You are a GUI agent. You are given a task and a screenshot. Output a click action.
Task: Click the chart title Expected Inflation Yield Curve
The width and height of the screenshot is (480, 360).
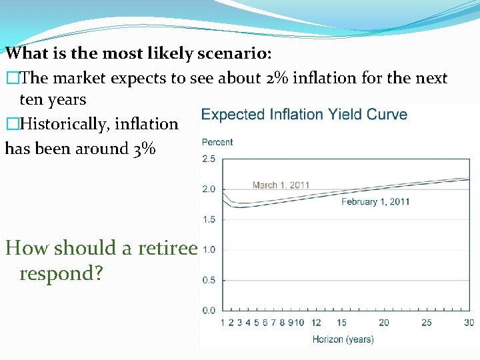pyautogui.click(x=304, y=114)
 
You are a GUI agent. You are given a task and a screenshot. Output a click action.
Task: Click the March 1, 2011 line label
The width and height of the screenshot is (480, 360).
pyautogui.click(x=281, y=185)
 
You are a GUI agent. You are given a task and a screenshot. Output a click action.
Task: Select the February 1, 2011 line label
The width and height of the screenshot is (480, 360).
pyautogui.click(x=375, y=201)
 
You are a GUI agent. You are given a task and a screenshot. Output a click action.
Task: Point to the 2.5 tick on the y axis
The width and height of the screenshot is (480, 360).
pyautogui.click(x=208, y=159)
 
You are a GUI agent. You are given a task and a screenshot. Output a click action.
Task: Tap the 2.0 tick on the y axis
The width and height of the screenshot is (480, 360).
pyautogui.click(x=208, y=189)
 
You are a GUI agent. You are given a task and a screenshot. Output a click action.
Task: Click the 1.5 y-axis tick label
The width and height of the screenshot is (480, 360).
pyautogui.click(x=208, y=219)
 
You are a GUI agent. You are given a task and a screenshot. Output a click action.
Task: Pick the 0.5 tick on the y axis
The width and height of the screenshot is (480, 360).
pyautogui.click(x=208, y=280)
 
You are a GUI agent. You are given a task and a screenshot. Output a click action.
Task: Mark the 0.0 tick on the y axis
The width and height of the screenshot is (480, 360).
pyautogui.click(x=208, y=310)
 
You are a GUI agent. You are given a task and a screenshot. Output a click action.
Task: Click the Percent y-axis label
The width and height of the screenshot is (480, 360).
pyautogui.click(x=217, y=142)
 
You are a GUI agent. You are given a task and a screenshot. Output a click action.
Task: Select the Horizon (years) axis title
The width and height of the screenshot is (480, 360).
pyautogui.click(x=343, y=339)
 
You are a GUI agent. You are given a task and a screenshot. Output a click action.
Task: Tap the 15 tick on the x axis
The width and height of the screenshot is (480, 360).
pyautogui.click(x=341, y=323)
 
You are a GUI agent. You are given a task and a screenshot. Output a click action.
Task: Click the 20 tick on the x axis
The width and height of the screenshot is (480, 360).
pyautogui.click(x=384, y=323)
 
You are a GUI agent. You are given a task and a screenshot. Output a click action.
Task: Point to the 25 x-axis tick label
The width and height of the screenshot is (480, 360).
pyautogui.click(x=427, y=323)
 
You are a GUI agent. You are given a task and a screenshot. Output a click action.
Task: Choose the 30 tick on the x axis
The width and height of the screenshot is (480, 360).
pyautogui.click(x=469, y=323)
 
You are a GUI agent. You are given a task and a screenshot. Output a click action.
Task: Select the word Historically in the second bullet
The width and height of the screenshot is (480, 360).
pyautogui.click(x=63, y=124)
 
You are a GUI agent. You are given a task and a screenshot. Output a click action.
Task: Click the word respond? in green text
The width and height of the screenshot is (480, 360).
pyautogui.click(x=61, y=273)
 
